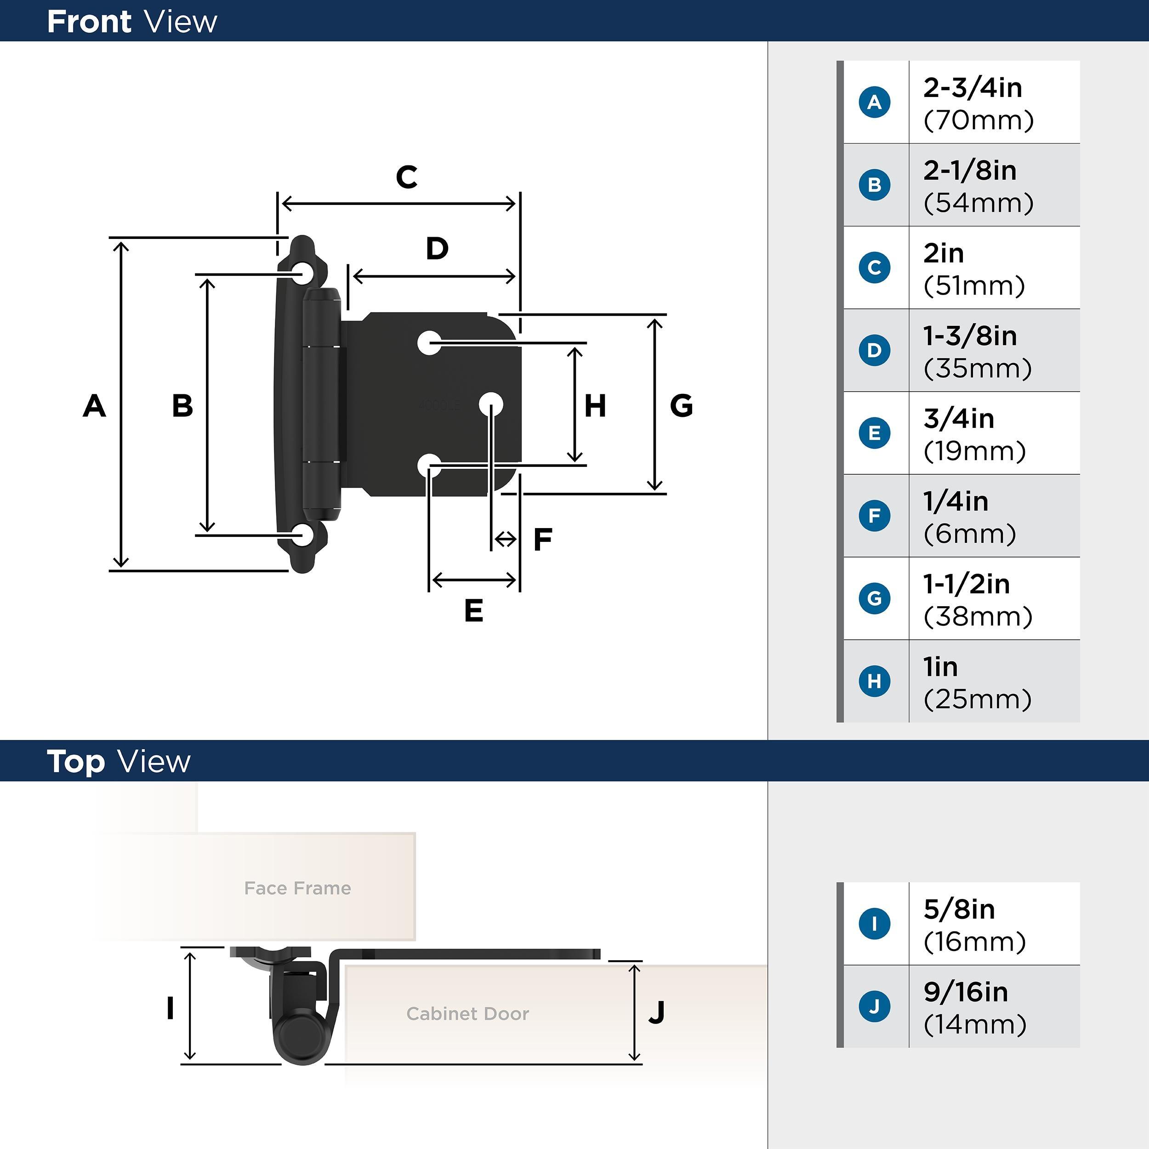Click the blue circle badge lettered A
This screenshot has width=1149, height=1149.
[x=874, y=102]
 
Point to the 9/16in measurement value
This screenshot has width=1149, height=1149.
[x=965, y=992]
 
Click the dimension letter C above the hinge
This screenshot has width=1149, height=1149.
[x=407, y=177]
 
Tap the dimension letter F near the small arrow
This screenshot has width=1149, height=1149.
[x=542, y=540]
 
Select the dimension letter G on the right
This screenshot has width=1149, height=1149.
[x=681, y=406]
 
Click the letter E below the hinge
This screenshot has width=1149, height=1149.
[x=473, y=611]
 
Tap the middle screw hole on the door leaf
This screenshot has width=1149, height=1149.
[x=491, y=405]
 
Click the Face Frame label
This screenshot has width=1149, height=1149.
[x=297, y=888]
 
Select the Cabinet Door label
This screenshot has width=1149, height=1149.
[x=467, y=1013]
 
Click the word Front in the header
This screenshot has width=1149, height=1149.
[x=89, y=22]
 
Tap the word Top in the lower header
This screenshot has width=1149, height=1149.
[x=75, y=762]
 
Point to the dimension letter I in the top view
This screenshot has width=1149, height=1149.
[x=170, y=1009]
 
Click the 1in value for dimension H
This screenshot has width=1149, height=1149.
[x=940, y=667]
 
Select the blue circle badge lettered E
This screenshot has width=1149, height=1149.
[x=874, y=433]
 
